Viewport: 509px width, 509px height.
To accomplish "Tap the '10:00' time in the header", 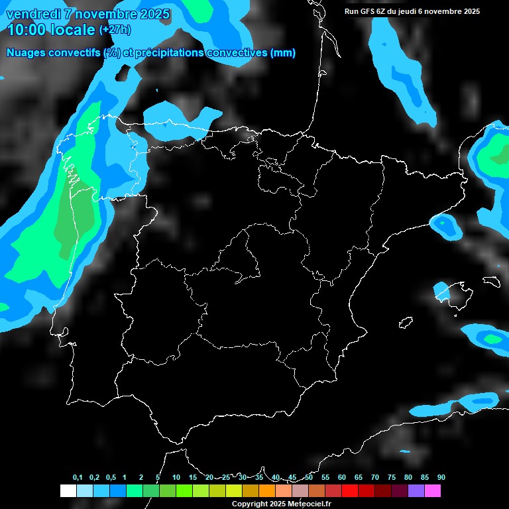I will (x=25, y=29).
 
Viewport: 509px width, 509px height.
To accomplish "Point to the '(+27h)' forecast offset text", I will (x=115, y=30).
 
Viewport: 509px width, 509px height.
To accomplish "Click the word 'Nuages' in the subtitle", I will (x=26, y=53).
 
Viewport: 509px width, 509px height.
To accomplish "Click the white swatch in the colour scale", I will (x=68, y=491).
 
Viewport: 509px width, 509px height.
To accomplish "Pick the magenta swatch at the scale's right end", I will (x=432, y=491).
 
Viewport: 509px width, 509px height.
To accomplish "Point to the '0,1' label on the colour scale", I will (x=78, y=477).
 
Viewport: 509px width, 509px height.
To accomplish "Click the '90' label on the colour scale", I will (x=441, y=477).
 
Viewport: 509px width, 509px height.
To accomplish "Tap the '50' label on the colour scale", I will (x=309, y=477).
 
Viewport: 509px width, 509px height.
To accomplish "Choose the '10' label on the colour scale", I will (x=176, y=477).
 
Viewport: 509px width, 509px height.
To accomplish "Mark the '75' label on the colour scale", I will (x=392, y=477).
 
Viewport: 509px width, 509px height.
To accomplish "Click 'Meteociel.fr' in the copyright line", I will (x=309, y=504).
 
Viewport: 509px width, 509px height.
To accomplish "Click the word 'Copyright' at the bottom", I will (x=248, y=504).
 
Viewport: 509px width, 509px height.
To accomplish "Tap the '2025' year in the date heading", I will (x=154, y=14).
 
